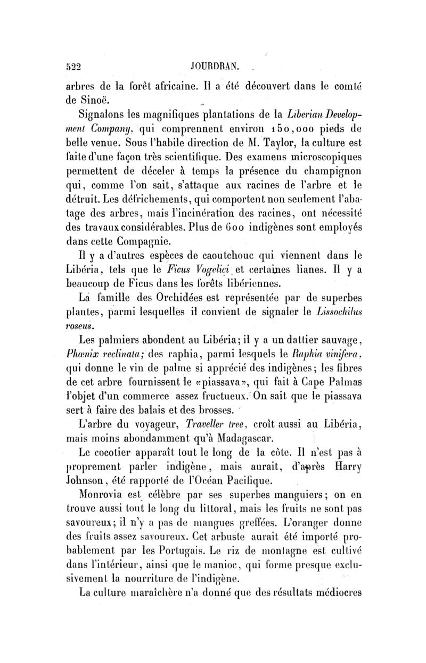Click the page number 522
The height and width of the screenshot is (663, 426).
click(x=72, y=67)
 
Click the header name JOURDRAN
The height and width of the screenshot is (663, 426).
click(x=215, y=67)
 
